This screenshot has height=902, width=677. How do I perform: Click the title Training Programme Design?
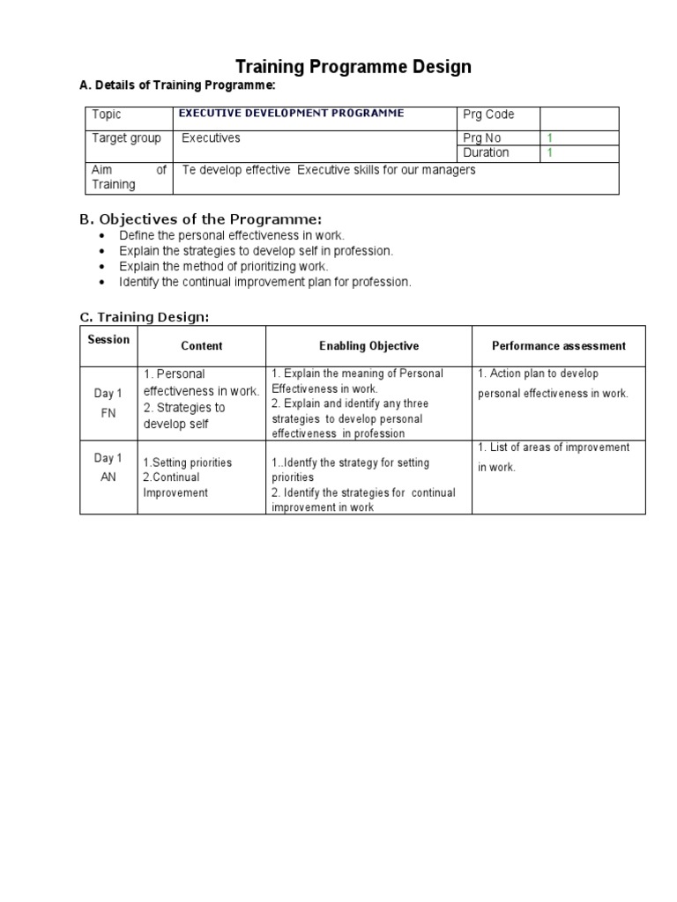(x=353, y=67)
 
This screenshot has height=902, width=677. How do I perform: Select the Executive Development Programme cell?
(x=292, y=113)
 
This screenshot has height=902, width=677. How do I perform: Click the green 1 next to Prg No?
(x=550, y=138)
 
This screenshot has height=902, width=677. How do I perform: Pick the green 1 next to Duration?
(x=550, y=152)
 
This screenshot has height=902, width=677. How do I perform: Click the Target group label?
(x=126, y=138)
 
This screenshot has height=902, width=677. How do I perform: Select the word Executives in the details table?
(x=211, y=138)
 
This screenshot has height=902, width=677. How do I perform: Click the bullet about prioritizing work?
(x=223, y=266)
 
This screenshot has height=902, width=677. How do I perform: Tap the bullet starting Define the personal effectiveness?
(x=232, y=236)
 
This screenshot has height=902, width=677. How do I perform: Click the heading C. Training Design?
(x=145, y=317)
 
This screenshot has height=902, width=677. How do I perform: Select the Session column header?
(x=108, y=339)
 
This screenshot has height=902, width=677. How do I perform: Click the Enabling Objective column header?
(x=368, y=346)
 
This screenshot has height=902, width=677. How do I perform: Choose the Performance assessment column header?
(x=559, y=346)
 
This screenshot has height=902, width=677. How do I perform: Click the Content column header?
(x=202, y=346)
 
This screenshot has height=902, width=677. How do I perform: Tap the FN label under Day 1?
(x=108, y=410)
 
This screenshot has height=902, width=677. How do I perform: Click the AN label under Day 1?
(x=108, y=475)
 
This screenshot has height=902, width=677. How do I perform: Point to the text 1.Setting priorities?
(x=188, y=462)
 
